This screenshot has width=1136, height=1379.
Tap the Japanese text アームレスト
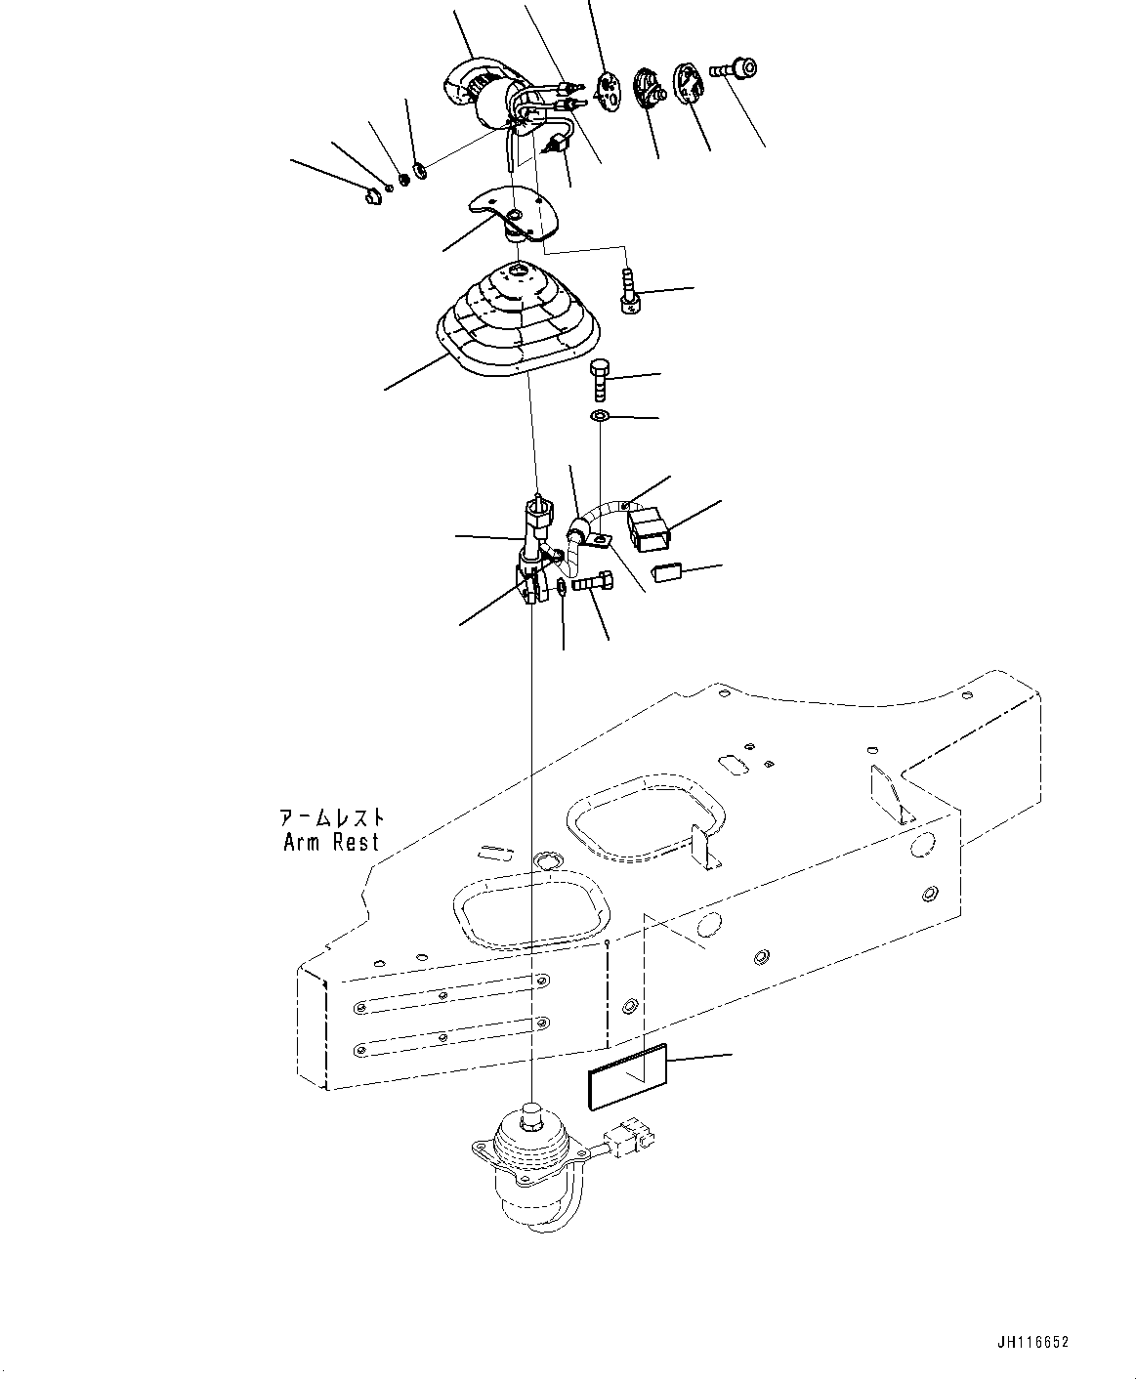click(331, 817)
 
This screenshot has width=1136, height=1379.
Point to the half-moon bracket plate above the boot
click(513, 214)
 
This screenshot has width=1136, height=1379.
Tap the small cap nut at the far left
click(371, 198)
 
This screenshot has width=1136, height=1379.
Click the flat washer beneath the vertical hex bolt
click(600, 418)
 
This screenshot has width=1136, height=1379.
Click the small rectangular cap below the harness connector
click(668, 571)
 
